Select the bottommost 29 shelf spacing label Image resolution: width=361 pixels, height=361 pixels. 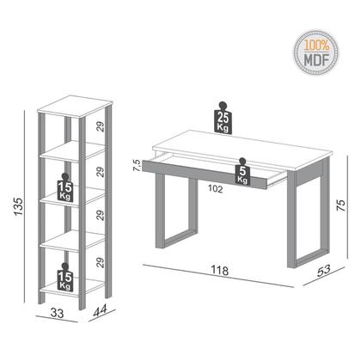point(101,263)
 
